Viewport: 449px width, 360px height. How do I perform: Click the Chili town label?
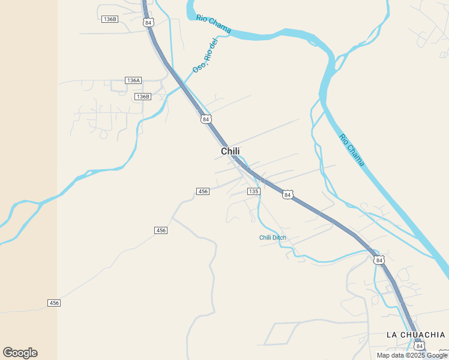click(x=231, y=151)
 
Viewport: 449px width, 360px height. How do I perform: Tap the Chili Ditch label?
click(x=273, y=238)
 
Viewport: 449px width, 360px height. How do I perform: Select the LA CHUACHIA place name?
click(x=415, y=334)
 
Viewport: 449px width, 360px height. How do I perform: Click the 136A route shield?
click(x=133, y=80)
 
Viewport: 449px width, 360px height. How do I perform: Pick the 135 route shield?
click(x=253, y=191)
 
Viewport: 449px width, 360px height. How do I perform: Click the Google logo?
click(x=20, y=353)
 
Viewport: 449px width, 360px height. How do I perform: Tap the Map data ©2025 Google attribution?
click(x=411, y=356)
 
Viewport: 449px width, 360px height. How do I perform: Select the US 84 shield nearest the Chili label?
click(x=206, y=119)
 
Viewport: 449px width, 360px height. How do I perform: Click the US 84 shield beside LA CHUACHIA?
click(x=419, y=346)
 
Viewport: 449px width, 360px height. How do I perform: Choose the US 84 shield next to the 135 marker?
click(x=288, y=195)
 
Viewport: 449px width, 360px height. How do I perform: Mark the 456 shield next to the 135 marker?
click(x=203, y=191)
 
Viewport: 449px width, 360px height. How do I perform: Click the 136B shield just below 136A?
click(x=142, y=97)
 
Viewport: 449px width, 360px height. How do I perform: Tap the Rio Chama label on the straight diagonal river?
click(x=352, y=149)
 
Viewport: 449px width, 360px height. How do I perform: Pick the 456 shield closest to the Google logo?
click(x=54, y=303)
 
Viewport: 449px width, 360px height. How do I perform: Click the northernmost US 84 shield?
click(x=149, y=22)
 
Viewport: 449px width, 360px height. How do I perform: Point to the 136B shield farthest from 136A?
click(x=110, y=19)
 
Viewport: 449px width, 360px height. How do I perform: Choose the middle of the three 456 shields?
click(x=161, y=230)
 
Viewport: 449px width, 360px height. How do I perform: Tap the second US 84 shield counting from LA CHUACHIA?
click(x=378, y=260)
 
